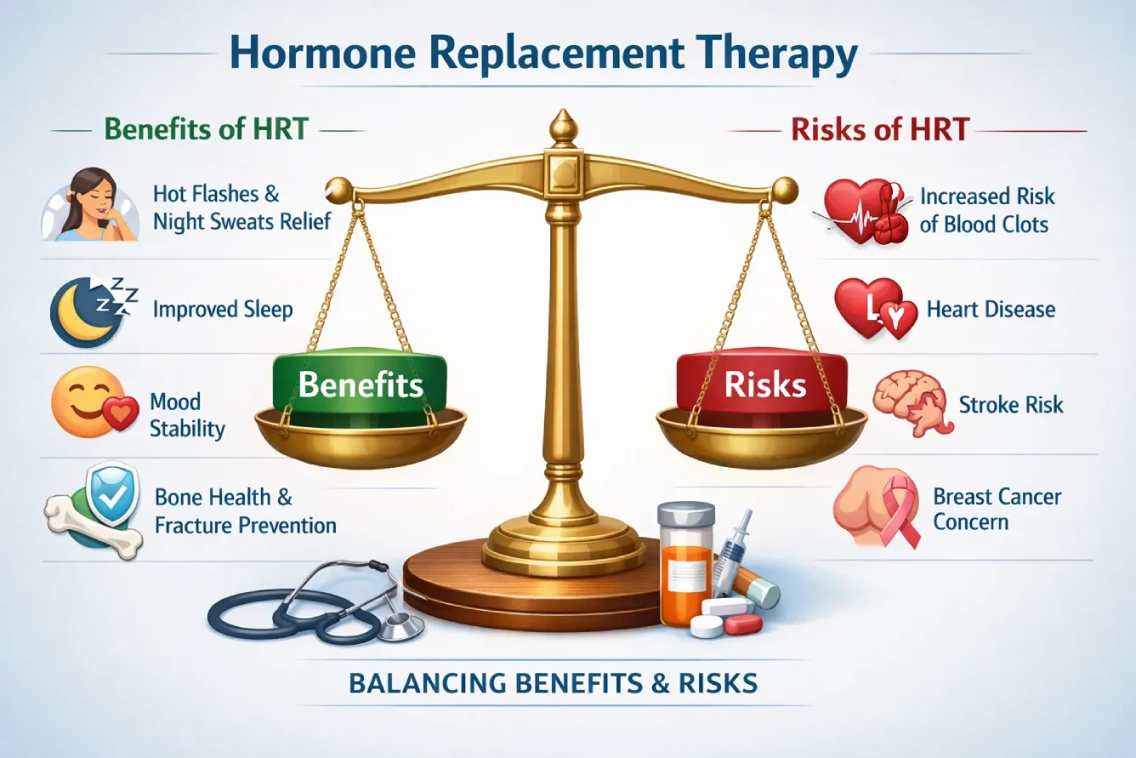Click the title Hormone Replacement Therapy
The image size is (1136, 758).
click(542, 54)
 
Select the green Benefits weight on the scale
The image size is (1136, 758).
click(361, 385)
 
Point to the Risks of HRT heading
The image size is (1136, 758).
click(880, 130)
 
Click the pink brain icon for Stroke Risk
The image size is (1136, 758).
click(907, 402)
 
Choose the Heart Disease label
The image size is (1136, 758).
click(991, 309)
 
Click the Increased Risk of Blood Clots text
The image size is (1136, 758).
click(986, 210)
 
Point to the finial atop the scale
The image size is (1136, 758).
click(560, 128)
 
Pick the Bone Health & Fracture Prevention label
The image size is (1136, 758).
click(245, 510)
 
